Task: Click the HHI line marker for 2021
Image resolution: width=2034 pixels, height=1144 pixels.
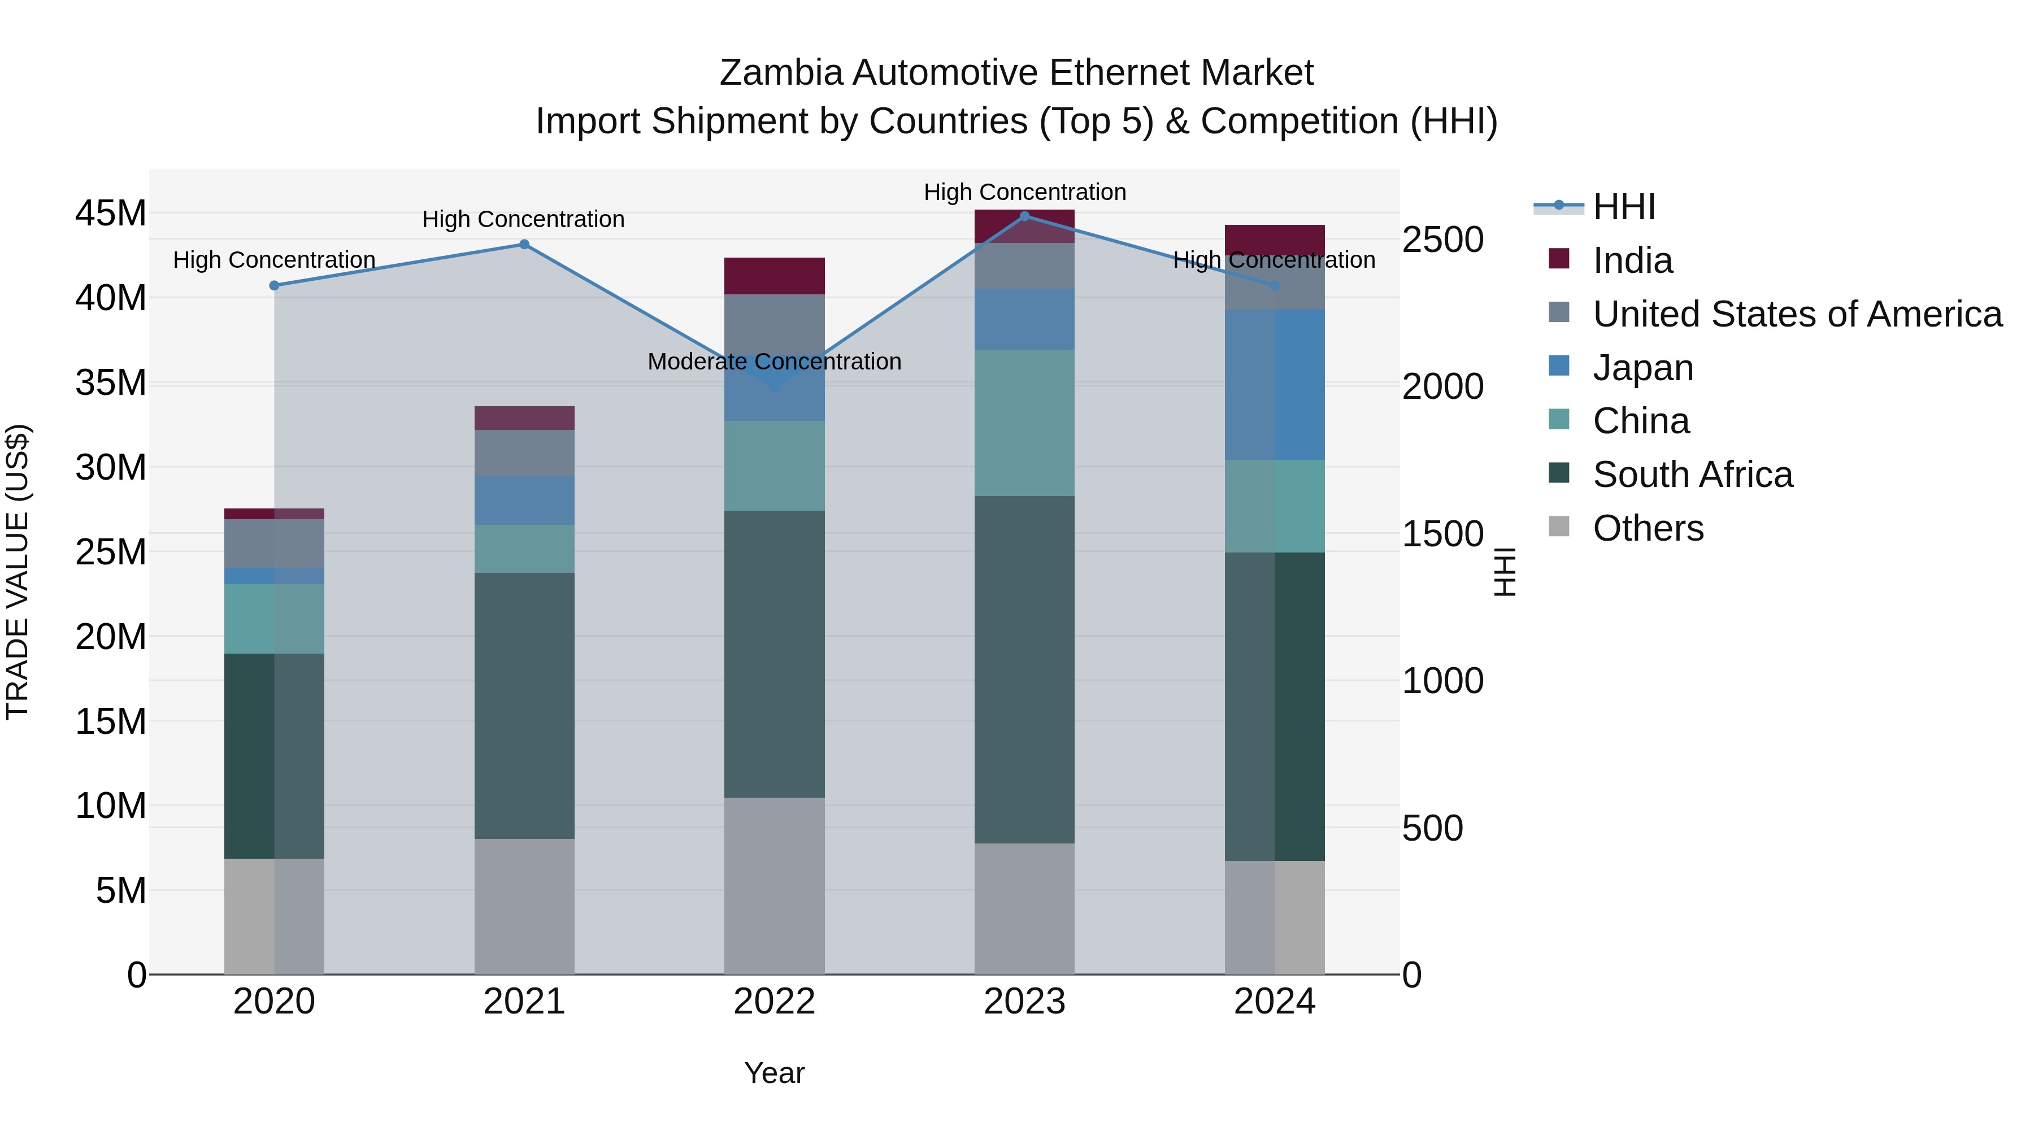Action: pyautogui.click(x=524, y=245)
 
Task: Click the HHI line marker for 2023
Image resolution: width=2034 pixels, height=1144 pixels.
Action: pyautogui.click(x=1025, y=216)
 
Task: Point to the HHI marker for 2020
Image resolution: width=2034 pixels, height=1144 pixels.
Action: pyautogui.click(x=274, y=286)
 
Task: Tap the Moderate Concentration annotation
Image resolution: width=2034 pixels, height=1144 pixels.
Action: pyautogui.click(x=774, y=362)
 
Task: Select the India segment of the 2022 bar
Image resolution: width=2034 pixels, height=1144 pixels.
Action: pyautogui.click(x=774, y=276)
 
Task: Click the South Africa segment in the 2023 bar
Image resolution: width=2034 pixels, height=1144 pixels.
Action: pyautogui.click(x=1024, y=669)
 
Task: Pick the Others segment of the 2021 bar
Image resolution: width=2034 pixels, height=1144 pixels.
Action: pyautogui.click(x=524, y=906)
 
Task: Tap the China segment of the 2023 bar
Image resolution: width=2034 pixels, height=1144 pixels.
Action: pyautogui.click(x=1024, y=423)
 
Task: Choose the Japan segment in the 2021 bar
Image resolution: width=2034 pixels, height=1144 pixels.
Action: pyautogui.click(x=524, y=501)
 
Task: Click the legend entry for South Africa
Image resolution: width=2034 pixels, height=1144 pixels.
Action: pyautogui.click(x=1693, y=475)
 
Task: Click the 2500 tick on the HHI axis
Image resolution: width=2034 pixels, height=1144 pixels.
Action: pyautogui.click(x=1442, y=240)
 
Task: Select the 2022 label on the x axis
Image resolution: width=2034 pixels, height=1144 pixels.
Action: pyautogui.click(x=774, y=1002)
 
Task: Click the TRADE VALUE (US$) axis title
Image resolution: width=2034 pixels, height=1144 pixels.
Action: pyautogui.click(x=18, y=572)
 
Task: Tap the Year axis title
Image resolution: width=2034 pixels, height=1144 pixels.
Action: pyautogui.click(x=774, y=1073)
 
